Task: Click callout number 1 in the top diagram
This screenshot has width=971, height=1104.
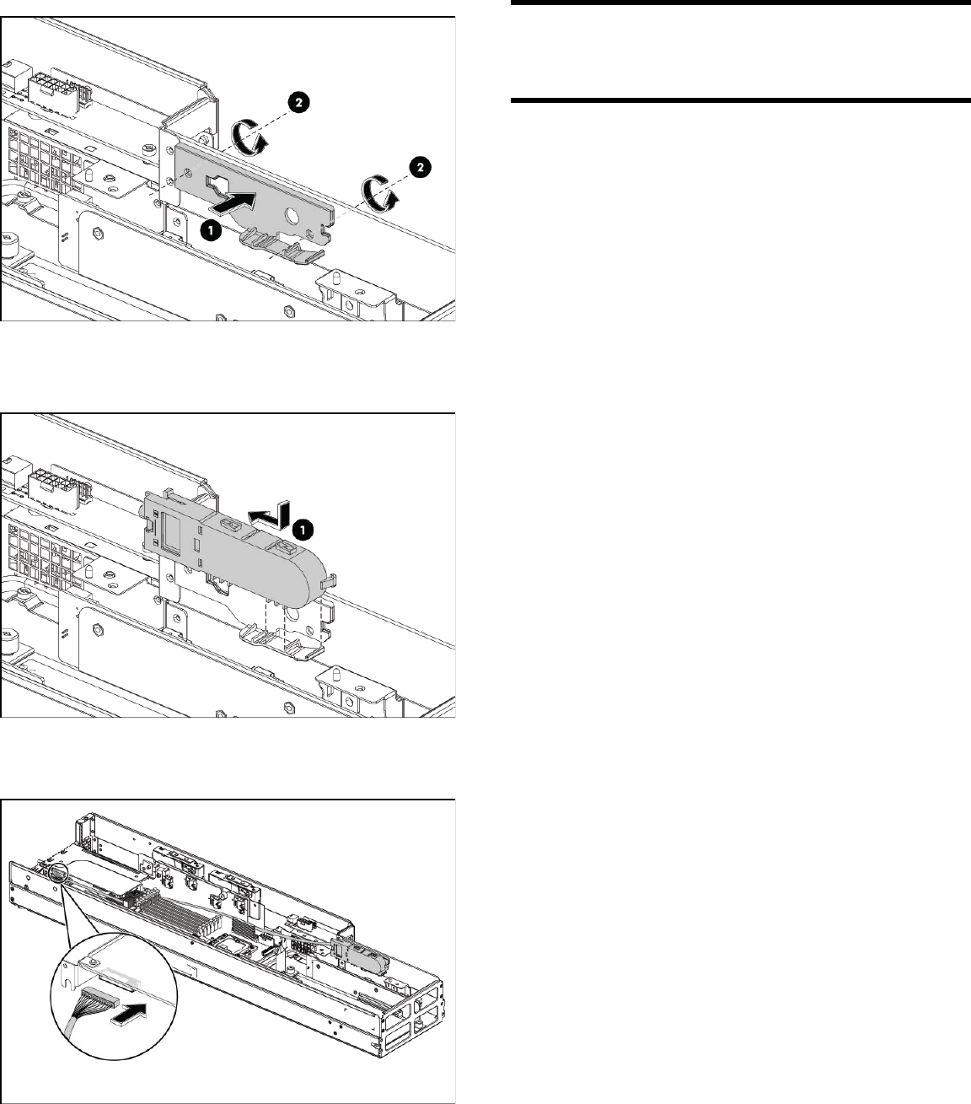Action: pos(211,230)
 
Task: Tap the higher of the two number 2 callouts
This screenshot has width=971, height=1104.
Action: pos(299,103)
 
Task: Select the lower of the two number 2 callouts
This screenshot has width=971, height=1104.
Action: pos(420,167)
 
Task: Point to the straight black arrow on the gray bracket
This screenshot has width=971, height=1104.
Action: pos(231,202)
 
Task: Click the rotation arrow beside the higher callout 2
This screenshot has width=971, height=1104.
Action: pos(249,137)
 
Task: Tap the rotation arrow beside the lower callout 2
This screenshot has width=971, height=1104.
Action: pos(379,193)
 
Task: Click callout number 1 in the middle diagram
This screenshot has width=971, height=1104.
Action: pos(303,529)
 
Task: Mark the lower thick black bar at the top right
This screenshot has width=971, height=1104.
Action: pos(741,100)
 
